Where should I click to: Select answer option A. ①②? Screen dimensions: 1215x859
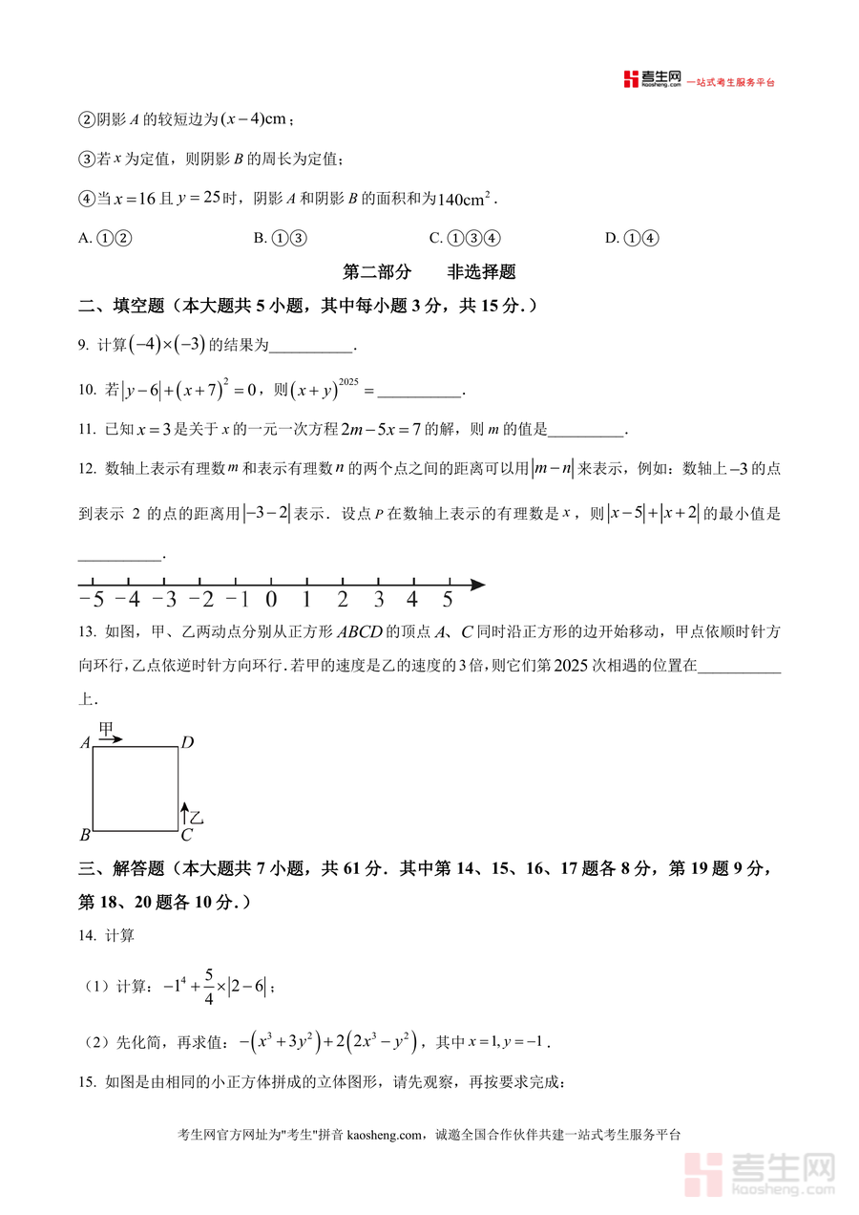(x=105, y=239)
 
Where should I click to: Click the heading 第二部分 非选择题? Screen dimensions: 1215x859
(x=429, y=272)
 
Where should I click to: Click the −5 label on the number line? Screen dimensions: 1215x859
(x=91, y=600)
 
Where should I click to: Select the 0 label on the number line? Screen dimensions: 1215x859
(x=270, y=600)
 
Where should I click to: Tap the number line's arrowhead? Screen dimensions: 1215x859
(x=477, y=585)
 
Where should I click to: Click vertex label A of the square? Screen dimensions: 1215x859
(x=85, y=743)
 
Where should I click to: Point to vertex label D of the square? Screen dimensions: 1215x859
(x=188, y=743)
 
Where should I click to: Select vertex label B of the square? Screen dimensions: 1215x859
(x=85, y=835)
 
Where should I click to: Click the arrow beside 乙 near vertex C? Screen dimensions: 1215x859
(x=184, y=814)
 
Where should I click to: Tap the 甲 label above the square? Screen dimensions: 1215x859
(x=107, y=729)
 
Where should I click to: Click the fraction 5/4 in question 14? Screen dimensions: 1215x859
(x=208, y=984)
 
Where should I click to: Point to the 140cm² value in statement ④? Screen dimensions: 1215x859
(x=465, y=199)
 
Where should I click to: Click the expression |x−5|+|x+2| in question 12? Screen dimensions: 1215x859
(x=656, y=514)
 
